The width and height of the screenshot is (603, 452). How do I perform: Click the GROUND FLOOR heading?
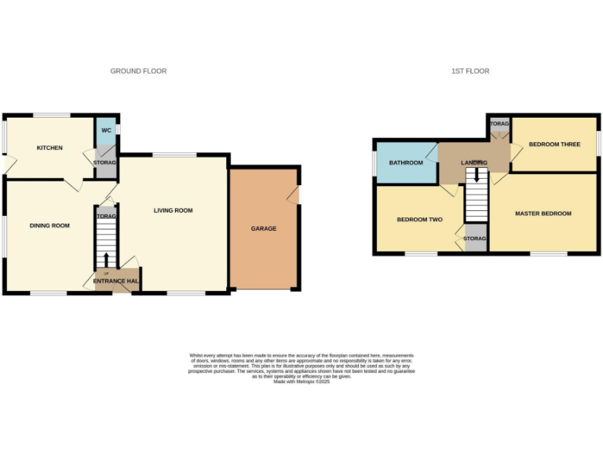[x=138, y=71]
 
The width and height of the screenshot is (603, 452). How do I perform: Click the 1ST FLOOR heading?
[x=470, y=71]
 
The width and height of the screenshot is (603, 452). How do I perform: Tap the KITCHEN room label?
[x=49, y=148]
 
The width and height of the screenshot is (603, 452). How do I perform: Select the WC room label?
[x=105, y=130]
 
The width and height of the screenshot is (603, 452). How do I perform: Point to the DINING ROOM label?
[x=49, y=225]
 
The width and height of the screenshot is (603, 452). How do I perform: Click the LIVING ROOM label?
[x=173, y=210]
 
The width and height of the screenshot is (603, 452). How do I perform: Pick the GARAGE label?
[x=264, y=228]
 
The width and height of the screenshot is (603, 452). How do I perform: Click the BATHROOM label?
[x=406, y=162]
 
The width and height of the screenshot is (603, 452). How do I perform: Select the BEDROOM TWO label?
[x=420, y=220]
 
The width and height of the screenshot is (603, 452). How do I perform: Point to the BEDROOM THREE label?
[x=554, y=144]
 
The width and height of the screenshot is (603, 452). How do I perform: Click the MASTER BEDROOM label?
[x=543, y=213]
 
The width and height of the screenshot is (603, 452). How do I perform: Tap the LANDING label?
[x=474, y=162]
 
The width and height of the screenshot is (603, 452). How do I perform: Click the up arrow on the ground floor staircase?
[x=107, y=259]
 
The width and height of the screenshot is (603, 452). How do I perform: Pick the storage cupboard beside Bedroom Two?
[x=475, y=238]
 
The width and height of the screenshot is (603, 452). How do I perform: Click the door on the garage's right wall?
[x=295, y=195]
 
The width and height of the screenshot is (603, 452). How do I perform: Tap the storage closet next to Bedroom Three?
[x=499, y=126]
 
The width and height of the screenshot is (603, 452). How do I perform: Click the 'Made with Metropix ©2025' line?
[x=301, y=381]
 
